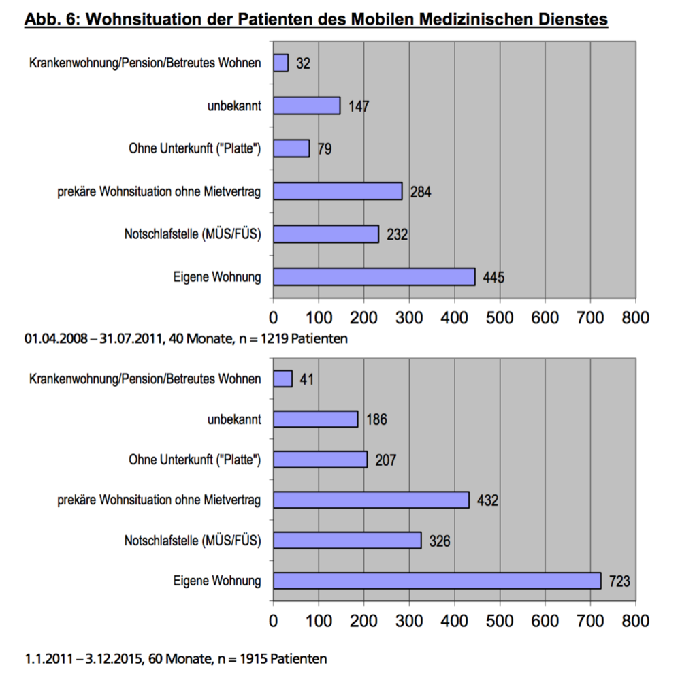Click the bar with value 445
[x=374, y=276]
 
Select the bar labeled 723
[x=437, y=581]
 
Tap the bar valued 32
[x=281, y=63]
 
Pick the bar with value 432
[x=371, y=500]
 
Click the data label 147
[x=359, y=106]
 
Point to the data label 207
[x=385, y=460]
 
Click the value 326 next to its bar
[x=440, y=541]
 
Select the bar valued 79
[x=291, y=148]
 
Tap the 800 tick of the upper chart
[x=635, y=318]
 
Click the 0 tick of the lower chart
[x=273, y=621]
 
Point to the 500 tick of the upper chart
[x=500, y=318]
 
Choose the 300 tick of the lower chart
[x=409, y=621]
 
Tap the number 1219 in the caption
[x=274, y=338]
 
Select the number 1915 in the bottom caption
[x=254, y=659]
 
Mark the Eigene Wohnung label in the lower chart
[x=217, y=581]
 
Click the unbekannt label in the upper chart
[x=234, y=106]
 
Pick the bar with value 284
[x=338, y=191]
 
